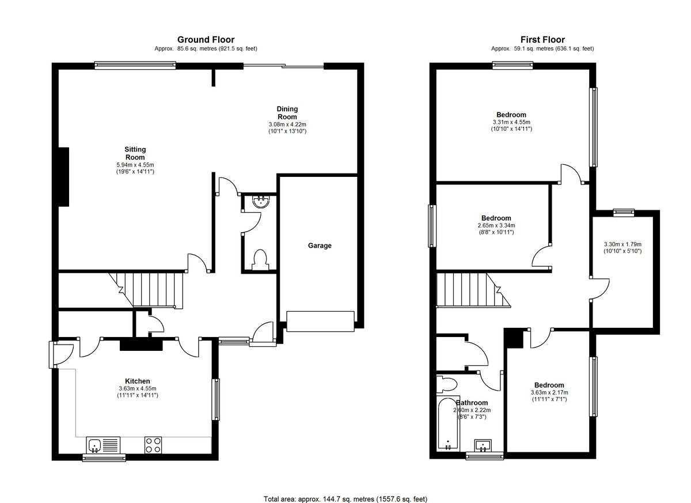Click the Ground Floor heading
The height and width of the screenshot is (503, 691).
[206, 40]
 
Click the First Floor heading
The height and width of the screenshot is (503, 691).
[542, 40]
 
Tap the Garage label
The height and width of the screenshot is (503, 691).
[320, 245]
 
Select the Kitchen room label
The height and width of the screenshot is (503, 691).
[138, 381]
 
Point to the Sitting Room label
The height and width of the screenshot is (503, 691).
[135, 153]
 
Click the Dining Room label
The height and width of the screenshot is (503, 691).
[287, 112]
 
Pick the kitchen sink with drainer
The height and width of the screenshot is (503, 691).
[103, 445]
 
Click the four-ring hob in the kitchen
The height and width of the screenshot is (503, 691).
[153, 445]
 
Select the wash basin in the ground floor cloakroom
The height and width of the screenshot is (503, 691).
[261, 202]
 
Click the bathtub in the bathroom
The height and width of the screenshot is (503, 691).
[449, 425]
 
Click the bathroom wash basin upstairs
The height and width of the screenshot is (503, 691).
[483, 445]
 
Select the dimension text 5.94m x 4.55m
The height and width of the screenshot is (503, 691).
[135, 165]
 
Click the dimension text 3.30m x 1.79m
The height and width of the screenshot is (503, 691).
[622, 244]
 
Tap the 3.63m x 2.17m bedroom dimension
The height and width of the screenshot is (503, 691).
[549, 392]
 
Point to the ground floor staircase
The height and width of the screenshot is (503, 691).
[146, 290]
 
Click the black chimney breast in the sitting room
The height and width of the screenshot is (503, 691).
[64, 177]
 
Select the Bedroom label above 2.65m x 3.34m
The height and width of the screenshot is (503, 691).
[496, 218]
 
